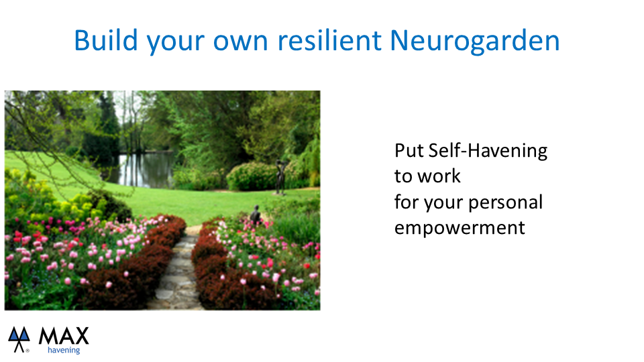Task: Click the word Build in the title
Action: click(x=105, y=40)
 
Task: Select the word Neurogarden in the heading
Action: click(x=474, y=40)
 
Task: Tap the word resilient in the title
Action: click(x=330, y=40)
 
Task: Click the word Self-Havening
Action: click(x=488, y=151)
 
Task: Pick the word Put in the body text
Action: click(x=409, y=151)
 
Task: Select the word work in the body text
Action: click(x=439, y=176)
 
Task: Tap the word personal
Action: click(x=505, y=203)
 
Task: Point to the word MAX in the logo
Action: click(x=64, y=336)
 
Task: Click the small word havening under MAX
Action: click(x=64, y=350)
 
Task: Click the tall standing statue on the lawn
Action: click(x=280, y=177)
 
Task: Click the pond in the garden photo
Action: click(x=144, y=169)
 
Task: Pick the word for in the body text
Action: click(x=407, y=202)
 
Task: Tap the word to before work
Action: click(x=403, y=176)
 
